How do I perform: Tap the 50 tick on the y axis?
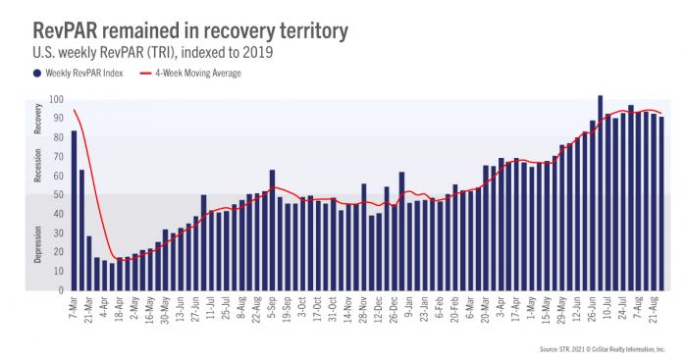(57, 195)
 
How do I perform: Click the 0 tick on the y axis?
(60, 290)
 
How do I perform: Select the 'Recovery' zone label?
(37, 119)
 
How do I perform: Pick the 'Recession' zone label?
(37, 167)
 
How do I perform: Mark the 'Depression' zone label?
(37, 244)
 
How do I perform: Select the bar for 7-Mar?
(74, 210)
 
